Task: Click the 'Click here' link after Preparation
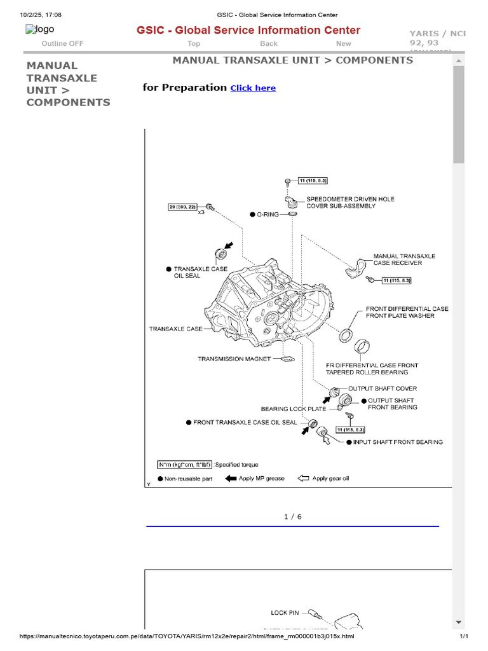coord(253,88)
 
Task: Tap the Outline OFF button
coord(62,44)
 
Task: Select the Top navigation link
coord(194,44)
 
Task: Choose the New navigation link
coord(343,44)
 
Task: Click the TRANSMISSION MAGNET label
coord(234,359)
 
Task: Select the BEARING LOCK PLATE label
coord(293,409)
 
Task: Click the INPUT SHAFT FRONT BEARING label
coord(398,442)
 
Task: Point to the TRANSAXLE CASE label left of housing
coord(176,329)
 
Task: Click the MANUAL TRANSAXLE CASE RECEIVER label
coord(404,259)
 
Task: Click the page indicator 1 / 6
coord(292,517)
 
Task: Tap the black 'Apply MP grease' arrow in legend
coord(231,479)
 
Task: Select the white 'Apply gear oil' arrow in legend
coord(303,479)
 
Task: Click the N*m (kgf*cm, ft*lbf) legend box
coord(185,465)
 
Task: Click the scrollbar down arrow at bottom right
coord(458,622)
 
